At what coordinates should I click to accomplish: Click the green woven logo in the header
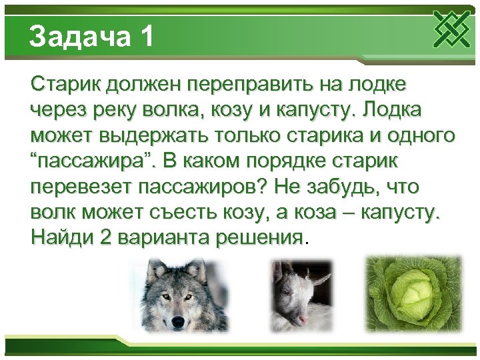[452, 29]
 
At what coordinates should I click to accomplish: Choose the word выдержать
[153, 136]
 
